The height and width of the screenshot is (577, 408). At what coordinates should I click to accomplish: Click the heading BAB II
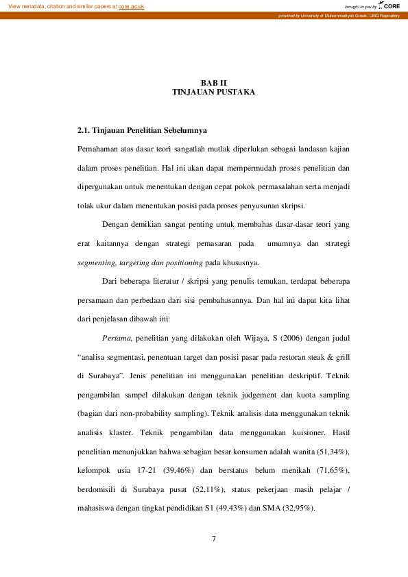[x=213, y=82]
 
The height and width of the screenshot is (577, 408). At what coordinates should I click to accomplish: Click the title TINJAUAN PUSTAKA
[x=213, y=92]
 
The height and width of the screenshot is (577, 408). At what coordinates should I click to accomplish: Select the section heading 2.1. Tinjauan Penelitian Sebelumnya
[x=142, y=130]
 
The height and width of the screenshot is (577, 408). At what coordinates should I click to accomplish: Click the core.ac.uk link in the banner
[x=131, y=6]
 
